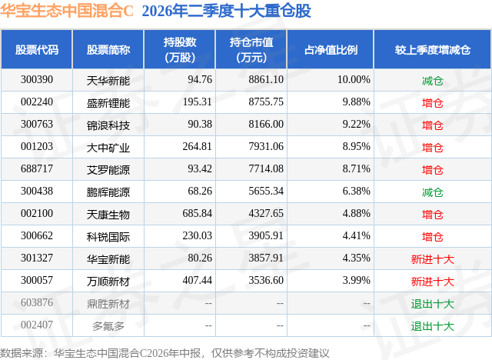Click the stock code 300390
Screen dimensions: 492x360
click(x=37, y=80)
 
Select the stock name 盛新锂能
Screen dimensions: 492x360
click(x=108, y=103)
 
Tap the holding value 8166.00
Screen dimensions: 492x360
click(x=266, y=125)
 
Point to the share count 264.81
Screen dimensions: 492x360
click(x=198, y=147)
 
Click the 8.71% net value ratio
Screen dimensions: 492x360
click(x=357, y=169)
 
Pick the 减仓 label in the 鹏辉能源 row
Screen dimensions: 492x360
click(x=432, y=192)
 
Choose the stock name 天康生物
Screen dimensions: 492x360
click(x=108, y=215)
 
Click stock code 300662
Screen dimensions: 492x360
click(x=37, y=235)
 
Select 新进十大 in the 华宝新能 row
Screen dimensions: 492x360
click(x=432, y=259)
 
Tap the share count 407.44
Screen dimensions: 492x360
click(x=198, y=280)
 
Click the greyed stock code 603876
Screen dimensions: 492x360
click(x=37, y=302)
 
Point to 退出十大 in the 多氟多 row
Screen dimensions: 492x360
click(x=432, y=326)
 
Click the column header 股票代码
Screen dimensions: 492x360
click(x=37, y=50)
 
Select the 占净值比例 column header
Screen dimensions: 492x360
click(x=331, y=50)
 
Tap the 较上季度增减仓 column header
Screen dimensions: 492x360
click(x=432, y=50)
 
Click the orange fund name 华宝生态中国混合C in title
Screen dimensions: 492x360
click(x=67, y=11)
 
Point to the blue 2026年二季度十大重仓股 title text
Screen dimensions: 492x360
click(x=226, y=11)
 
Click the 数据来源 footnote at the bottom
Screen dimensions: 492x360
click(x=165, y=353)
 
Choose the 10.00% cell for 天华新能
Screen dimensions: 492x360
click(x=354, y=80)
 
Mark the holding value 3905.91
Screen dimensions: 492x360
click(x=266, y=235)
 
